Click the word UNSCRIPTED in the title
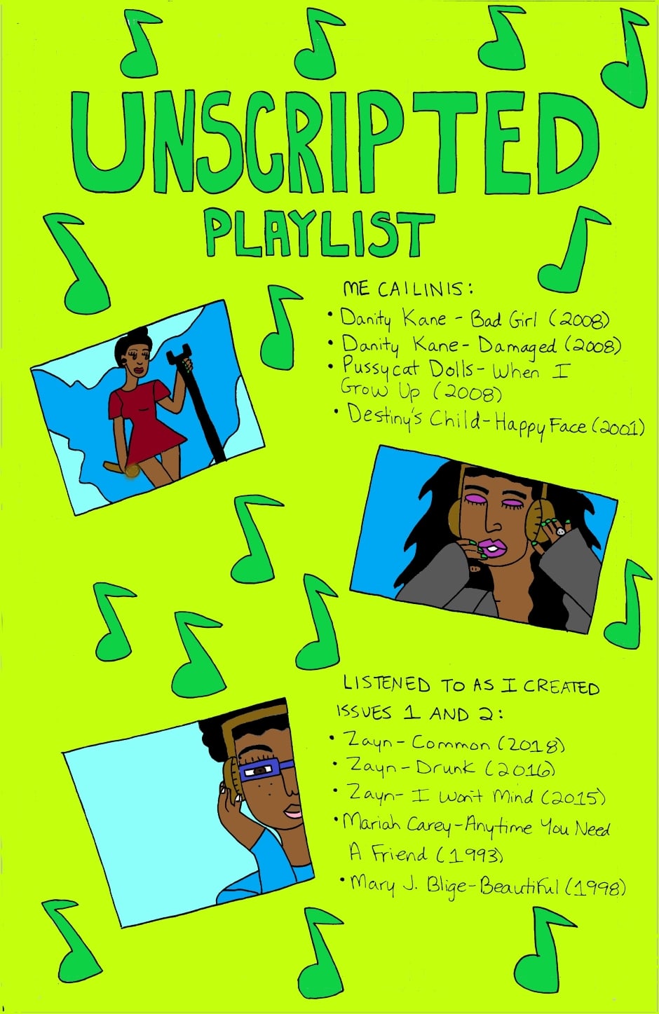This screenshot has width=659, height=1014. [x=336, y=142]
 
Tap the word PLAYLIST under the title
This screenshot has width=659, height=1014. [x=319, y=234]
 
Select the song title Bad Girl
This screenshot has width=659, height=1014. [x=503, y=319]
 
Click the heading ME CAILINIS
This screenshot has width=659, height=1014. [x=408, y=288]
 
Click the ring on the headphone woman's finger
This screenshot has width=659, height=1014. [x=561, y=531]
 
